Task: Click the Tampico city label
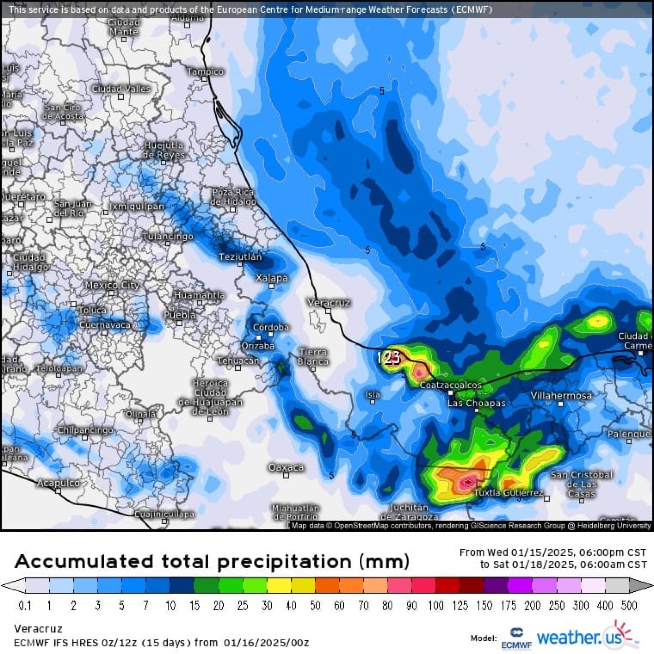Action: tap(205, 71)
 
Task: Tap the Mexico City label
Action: tap(112, 285)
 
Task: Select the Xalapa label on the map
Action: tap(271, 278)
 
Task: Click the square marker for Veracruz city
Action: tap(328, 311)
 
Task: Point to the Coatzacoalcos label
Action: tap(450, 385)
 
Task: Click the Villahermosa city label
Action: tap(561, 395)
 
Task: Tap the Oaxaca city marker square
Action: tap(286, 475)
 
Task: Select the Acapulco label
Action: tap(58, 483)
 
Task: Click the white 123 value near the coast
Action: tap(388, 357)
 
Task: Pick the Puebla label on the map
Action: tap(180, 315)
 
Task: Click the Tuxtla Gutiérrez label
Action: tap(508, 492)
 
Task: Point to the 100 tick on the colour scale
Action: tap(436, 606)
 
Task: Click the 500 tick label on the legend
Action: tap(629, 606)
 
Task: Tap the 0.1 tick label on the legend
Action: tap(25, 606)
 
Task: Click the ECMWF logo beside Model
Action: tap(516, 638)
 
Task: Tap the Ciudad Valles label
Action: tap(121, 89)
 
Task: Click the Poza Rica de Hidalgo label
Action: tap(233, 197)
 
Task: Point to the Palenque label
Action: tap(628, 434)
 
